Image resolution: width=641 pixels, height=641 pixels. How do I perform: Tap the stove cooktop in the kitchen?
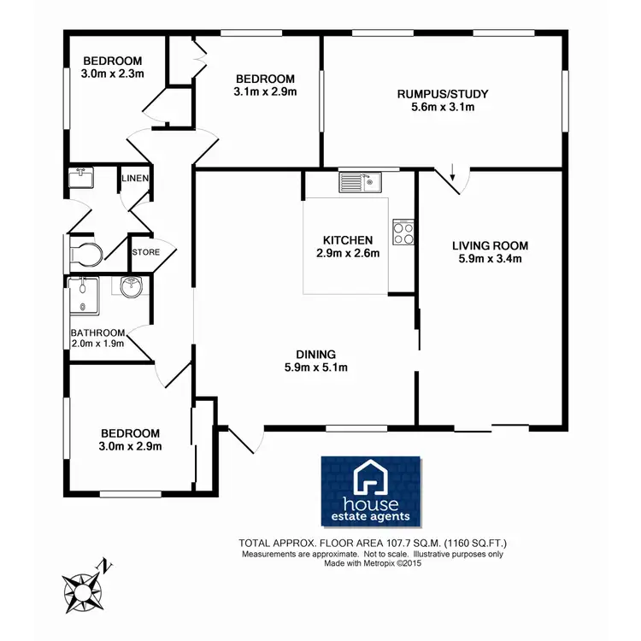click(403, 232)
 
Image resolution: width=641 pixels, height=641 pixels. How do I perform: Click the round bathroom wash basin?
click(132, 288)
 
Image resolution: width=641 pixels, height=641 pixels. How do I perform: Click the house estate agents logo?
click(371, 491)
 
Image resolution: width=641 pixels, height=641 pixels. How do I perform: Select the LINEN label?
click(135, 179)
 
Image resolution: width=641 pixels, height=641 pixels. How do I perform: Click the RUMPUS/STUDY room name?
click(442, 94)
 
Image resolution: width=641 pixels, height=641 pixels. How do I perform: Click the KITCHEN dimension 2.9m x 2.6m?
click(347, 253)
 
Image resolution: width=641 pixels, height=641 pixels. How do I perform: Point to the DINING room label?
click(316, 355)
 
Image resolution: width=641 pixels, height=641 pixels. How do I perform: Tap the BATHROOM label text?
click(98, 332)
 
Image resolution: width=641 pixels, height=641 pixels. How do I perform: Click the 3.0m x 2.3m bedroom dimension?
click(112, 74)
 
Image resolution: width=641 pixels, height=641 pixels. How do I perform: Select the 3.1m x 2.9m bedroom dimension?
click(265, 91)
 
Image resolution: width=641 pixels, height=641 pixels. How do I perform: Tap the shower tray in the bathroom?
click(83, 296)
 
